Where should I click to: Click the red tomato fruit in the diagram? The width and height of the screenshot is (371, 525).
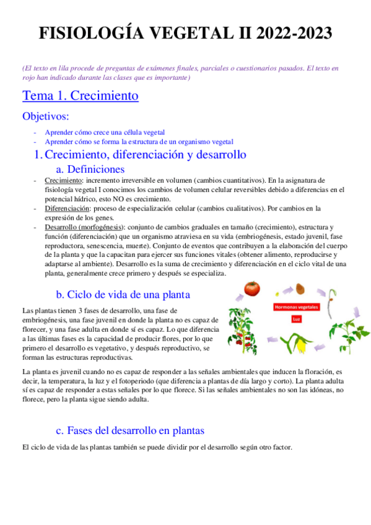[x=251, y=289]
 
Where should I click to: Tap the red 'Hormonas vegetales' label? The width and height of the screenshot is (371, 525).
[x=295, y=306]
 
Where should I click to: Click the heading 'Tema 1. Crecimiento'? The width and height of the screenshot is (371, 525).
[x=80, y=96]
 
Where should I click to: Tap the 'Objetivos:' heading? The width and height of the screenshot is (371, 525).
[x=46, y=116]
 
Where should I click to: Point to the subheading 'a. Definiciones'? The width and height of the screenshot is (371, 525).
[x=90, y=169]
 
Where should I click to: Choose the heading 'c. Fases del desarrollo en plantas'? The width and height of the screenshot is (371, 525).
[x=130, y=430]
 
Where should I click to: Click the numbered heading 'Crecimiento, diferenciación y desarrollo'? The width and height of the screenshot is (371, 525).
[x=146, y=154]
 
